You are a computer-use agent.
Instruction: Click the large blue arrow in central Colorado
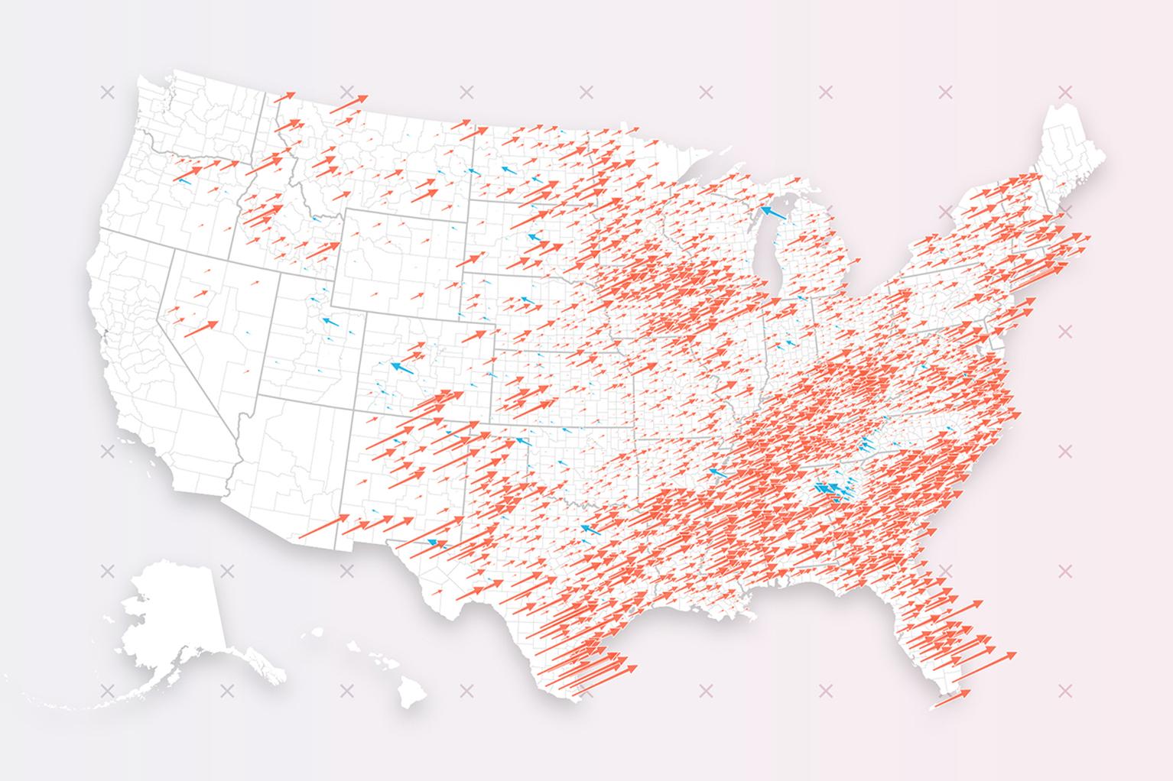click(402, 368)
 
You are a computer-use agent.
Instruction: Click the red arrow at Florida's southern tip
click(951, 698)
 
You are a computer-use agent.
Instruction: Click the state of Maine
click(1071, 145)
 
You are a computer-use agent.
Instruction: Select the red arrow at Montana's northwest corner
click(284, 96)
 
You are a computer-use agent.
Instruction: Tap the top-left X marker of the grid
click(106, 92)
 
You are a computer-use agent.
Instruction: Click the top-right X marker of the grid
click(1064, 92)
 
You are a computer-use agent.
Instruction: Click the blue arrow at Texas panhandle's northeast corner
click(522, 441)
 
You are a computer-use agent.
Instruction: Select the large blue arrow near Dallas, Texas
click(589, 529)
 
